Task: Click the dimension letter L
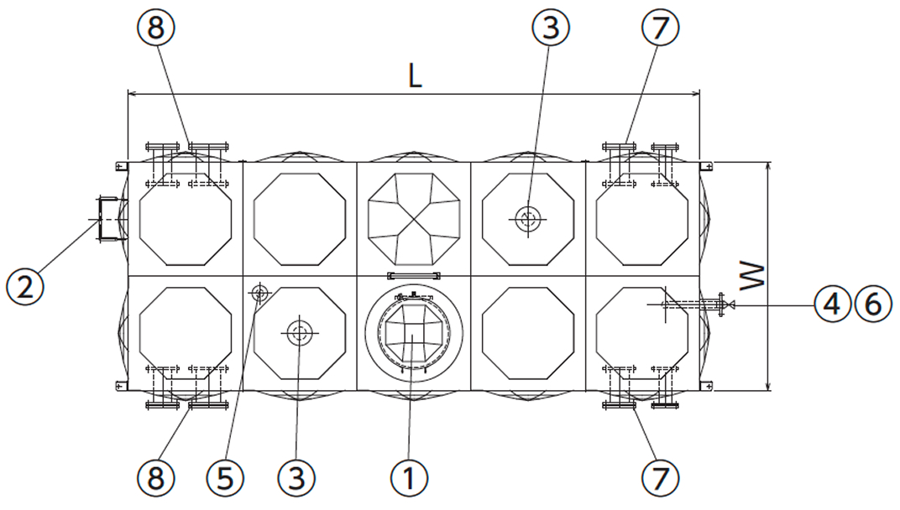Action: click(x=415, y=76)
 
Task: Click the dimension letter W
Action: click(x=752, y=276)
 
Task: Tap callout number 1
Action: click(x=409, y=477)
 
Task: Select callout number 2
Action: click(x=24, y=286)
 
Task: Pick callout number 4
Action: click(x=832, y=304)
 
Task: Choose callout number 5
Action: click(x=225, y=477)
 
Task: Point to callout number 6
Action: click(x=873, y=304)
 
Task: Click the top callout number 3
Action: click(x=551, y=28)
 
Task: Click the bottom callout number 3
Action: click(x=296, y=477)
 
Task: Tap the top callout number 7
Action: click(x=660, y=28)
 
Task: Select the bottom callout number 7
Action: click(x=660, y=477)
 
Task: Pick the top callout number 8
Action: click(x=156, y=28)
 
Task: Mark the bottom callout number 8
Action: click(x=156, y=477)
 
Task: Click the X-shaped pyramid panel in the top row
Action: click(x=414, y=219)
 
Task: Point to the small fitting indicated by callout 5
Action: click(x=259, y=294)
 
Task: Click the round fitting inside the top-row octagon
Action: click(x=528, y=219)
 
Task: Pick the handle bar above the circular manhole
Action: click(x=414, y=275)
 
